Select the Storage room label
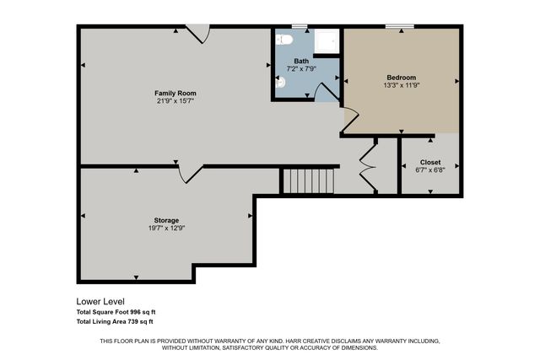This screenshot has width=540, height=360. [x=165, y=220]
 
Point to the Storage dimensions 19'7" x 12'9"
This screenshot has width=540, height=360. [x=165, y=228]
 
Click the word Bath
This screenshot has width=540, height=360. [x=301, y=61]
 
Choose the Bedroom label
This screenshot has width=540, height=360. [x=401, y=78]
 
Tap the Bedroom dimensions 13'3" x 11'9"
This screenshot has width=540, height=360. [x=401, y=86]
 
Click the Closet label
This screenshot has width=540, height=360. [x=430, y=162]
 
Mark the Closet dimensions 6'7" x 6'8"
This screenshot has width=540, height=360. [x=430, y=170]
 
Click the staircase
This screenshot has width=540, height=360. [x=308, y=180]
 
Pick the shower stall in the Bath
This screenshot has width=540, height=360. [x=326, y=42]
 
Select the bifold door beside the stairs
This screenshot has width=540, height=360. [x=367, y=167]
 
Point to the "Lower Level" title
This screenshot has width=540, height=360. [x=100, y=301]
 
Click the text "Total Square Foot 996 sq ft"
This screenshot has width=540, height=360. [x=116, y=312]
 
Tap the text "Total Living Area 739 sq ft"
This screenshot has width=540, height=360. [x=115, y=321]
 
